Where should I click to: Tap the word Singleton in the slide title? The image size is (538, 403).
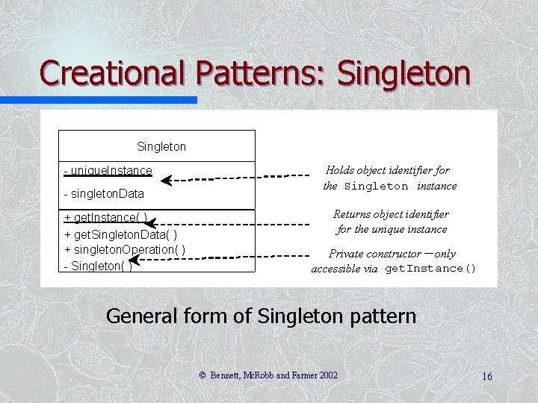click(404, 73)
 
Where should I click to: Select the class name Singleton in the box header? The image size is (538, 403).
click(161, 147)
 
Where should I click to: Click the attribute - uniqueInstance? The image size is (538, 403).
click(108, 171)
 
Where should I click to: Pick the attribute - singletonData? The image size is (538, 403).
click(104, 194)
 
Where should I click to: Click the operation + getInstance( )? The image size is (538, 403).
click(105, 218)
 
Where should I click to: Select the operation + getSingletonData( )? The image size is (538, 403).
click(121, 234)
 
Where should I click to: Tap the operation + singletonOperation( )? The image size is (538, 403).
click(126, 249)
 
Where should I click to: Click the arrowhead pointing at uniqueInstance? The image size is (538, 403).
click(167, 180)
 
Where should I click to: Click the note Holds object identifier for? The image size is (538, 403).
click(387, 170)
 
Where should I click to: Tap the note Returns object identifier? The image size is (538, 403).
click(391, 214)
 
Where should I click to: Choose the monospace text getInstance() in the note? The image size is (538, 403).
click(430, 269)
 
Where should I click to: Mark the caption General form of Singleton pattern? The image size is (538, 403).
click(261, 316)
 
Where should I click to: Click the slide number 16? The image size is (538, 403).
click(486, 376)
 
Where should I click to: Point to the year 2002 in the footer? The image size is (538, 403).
click(326, 375)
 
